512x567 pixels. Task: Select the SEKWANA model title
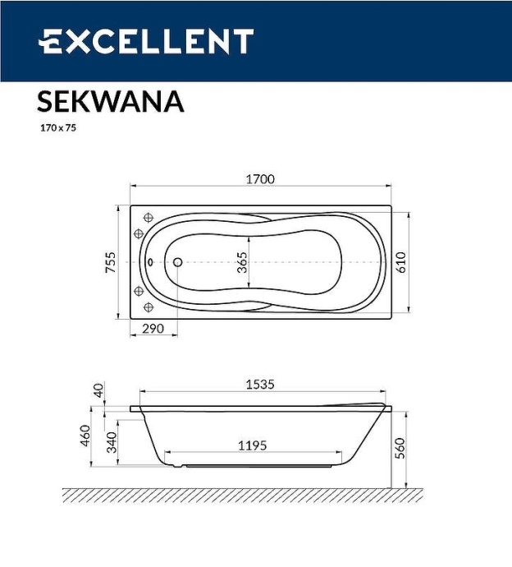(x=110, y=101)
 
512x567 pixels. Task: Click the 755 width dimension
(x=112, y=263)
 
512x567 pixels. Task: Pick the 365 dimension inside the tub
(x=242, y=263)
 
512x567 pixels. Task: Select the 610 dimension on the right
(x=401, y=261)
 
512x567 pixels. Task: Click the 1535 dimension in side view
(x=259, y=384)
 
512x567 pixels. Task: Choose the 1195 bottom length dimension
(x=252, y=445)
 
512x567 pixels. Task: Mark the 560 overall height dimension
(x=400, y=449)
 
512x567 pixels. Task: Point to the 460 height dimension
(x=85, y=436)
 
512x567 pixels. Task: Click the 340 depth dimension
(x=112, y=444)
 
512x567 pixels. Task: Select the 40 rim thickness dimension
(x=100, y=390)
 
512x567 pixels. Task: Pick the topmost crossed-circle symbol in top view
(x=149, y=218)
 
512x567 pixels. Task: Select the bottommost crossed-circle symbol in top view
(x=149, y=307)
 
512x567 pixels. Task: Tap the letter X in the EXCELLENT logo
(x=72, y=41)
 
